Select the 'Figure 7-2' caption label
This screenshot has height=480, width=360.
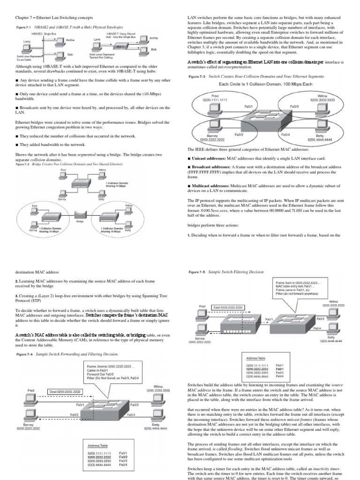(x=23, y=165)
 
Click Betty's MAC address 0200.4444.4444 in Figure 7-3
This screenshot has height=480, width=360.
(x=321, y=140)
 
